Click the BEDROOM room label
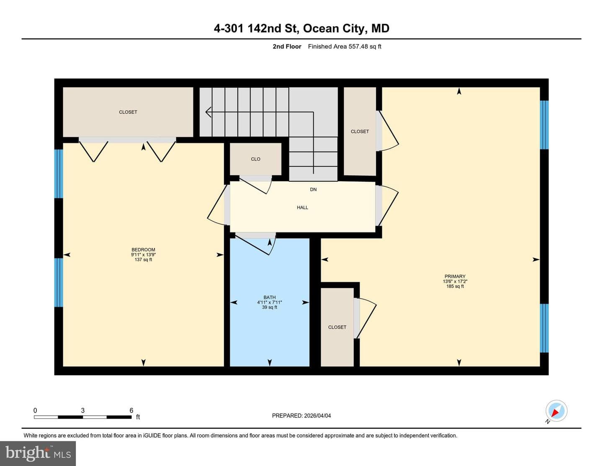coord(143,250)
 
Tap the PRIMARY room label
coord(455,276)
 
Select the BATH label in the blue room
coord(269,297)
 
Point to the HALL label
coord(302,207)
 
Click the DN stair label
coord(313,189)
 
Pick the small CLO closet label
coord(255,159)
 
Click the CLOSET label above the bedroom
coord(128,112)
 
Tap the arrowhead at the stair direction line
coord(208,112)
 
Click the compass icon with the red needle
coord(556,411)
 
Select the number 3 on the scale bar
coord(82,410)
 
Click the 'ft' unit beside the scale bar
coord(138,417)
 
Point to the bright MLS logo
coord(38,453)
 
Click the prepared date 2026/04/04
coord(317,415)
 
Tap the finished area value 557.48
coord(358,46)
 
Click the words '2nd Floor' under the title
coord(287,46)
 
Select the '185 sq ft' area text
coord(455,286)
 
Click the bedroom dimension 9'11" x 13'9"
coord(144,255)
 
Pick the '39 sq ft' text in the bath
coord(270,307)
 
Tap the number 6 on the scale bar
coord(131,410)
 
